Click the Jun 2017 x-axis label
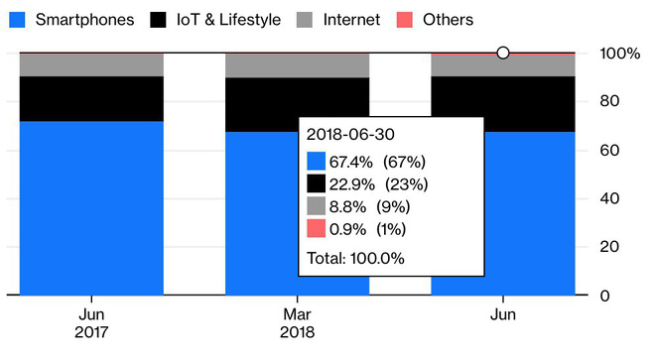coord(91,324)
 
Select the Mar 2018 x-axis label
coord(298,324)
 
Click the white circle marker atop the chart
coord(503,53)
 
